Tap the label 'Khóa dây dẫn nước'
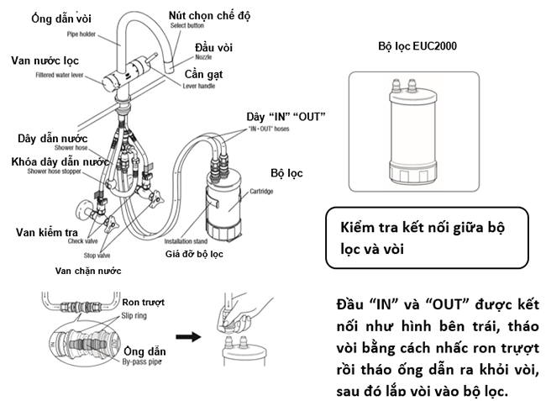pyautogui.click(x=60, y=161)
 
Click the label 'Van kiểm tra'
pyautogui.click(x=50, y=230)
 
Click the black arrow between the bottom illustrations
pyautogui.click(x=195, y=337)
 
